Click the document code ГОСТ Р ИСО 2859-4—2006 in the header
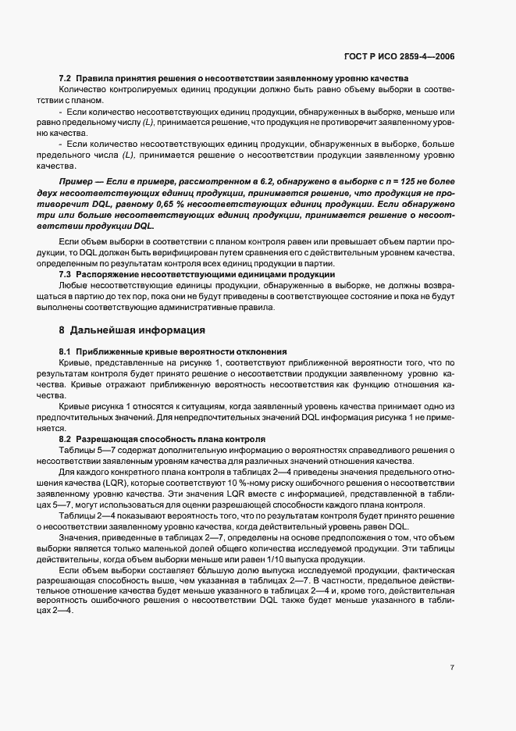pyautogui.click(x=400, y=57)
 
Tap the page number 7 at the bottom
pyautogui.click(x=452, y=667)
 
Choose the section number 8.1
pyautogui.click(x=66, y=351)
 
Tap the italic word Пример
pyautogui.click(x=75, y=181)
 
